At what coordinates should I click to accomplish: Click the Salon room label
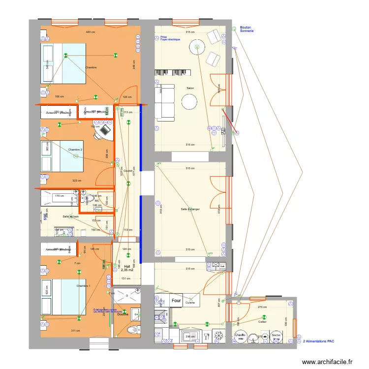click(190, 89)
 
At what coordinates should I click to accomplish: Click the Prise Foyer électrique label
click(170, 38)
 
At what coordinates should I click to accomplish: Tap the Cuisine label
click(190, 303)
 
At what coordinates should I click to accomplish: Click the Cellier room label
click(262, 322)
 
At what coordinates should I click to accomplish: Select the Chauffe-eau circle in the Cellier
click(240, 337)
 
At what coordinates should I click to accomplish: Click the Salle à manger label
click(190, 209)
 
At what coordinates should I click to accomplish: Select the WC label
click(97, 201)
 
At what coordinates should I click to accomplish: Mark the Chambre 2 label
click(75, 149)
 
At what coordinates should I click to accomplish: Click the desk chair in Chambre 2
click(104, 130)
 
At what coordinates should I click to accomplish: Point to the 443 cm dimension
click(90, 32)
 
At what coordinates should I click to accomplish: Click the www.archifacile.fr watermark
click(327, 362)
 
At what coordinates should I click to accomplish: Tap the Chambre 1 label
click(83, 286)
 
